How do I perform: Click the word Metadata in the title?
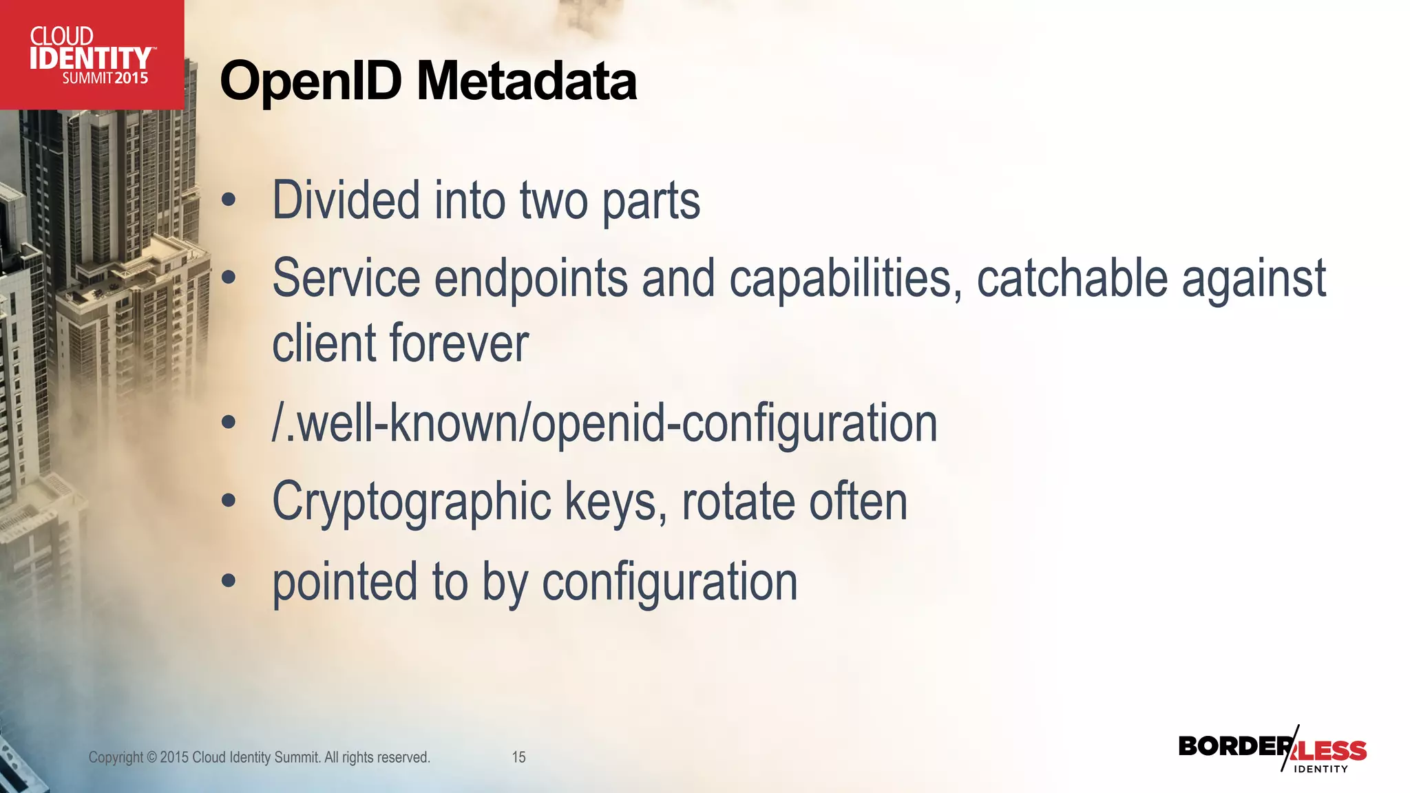527,82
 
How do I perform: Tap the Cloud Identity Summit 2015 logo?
91,55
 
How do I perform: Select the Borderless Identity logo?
1272,749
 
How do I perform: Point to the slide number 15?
518,757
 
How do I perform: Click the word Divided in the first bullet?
346,201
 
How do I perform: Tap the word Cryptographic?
412,503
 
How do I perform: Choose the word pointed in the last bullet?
345,582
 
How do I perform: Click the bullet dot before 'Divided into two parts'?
229,202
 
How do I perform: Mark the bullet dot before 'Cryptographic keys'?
229,502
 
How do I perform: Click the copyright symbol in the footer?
151,757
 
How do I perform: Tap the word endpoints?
531,278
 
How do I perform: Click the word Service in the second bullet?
346,278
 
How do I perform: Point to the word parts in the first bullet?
651,201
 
